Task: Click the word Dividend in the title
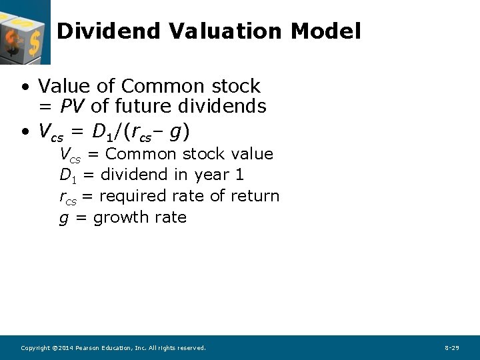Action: pyautogui.click(x=109, y=31)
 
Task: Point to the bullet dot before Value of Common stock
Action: pyautogui.click(x=25, y=87)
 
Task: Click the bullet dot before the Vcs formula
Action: pyautogui.click(x=25, y=133)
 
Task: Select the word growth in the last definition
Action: pyautogui.click(x=117, y=217)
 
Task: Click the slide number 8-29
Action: pyautogui.click(x=451, y=348)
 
